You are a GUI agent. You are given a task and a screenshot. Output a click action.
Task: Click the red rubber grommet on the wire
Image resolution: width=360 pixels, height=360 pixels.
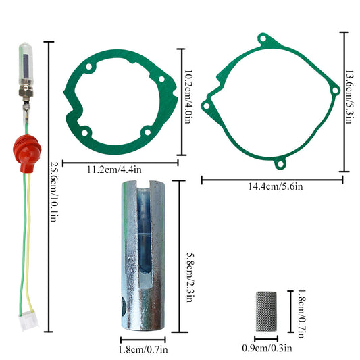point(27,153)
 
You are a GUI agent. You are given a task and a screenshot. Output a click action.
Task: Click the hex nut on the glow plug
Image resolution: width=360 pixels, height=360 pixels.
point(26,93)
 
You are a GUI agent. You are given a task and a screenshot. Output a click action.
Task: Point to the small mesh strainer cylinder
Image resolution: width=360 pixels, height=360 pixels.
point(266,311)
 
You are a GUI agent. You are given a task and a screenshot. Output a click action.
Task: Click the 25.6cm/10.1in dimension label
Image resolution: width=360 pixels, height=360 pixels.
point(54,192)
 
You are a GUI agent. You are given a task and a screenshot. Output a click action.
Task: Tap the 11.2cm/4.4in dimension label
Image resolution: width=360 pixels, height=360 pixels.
point(114,170)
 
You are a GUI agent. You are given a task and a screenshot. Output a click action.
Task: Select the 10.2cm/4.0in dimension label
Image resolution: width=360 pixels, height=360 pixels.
point(188,97)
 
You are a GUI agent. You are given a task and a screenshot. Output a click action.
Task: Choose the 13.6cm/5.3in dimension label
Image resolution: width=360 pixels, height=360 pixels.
point(349,97)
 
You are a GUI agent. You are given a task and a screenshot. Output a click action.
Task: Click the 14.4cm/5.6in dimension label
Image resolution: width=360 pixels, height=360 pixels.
point(276,186)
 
